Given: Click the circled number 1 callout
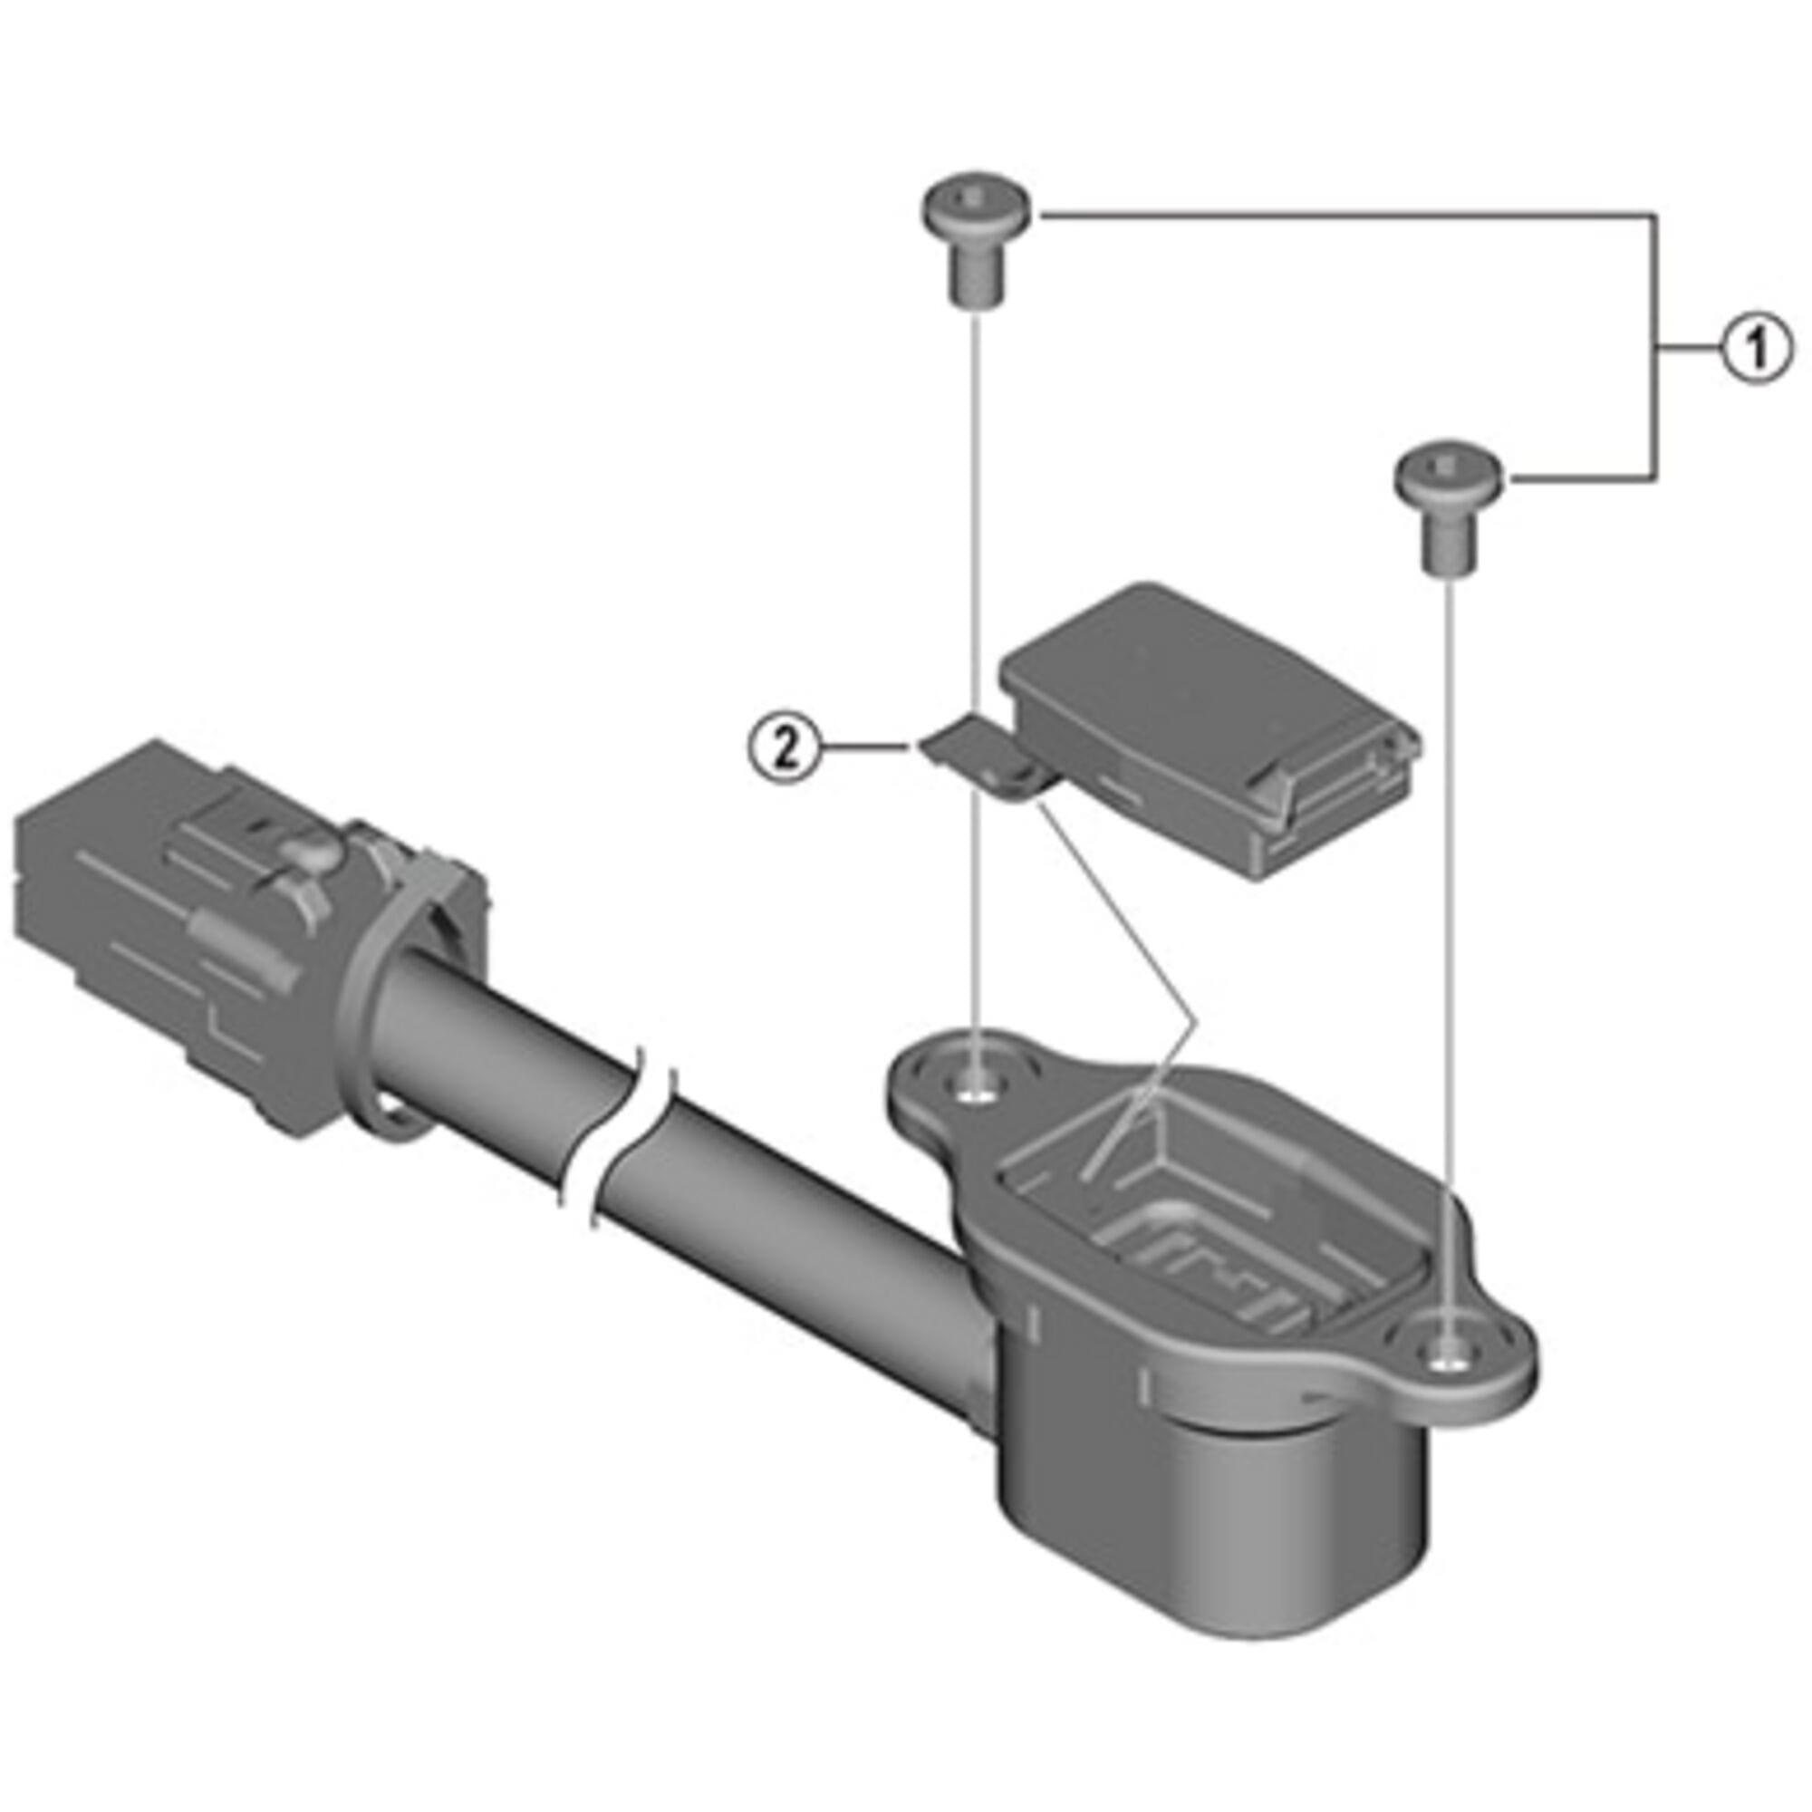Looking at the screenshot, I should (x=1757, y=349).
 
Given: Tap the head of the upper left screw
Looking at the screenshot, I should (x=978, y=206).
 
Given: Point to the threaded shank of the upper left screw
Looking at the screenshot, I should (x=978, y=275).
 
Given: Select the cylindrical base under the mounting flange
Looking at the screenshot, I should (x=1219, y=1510).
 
